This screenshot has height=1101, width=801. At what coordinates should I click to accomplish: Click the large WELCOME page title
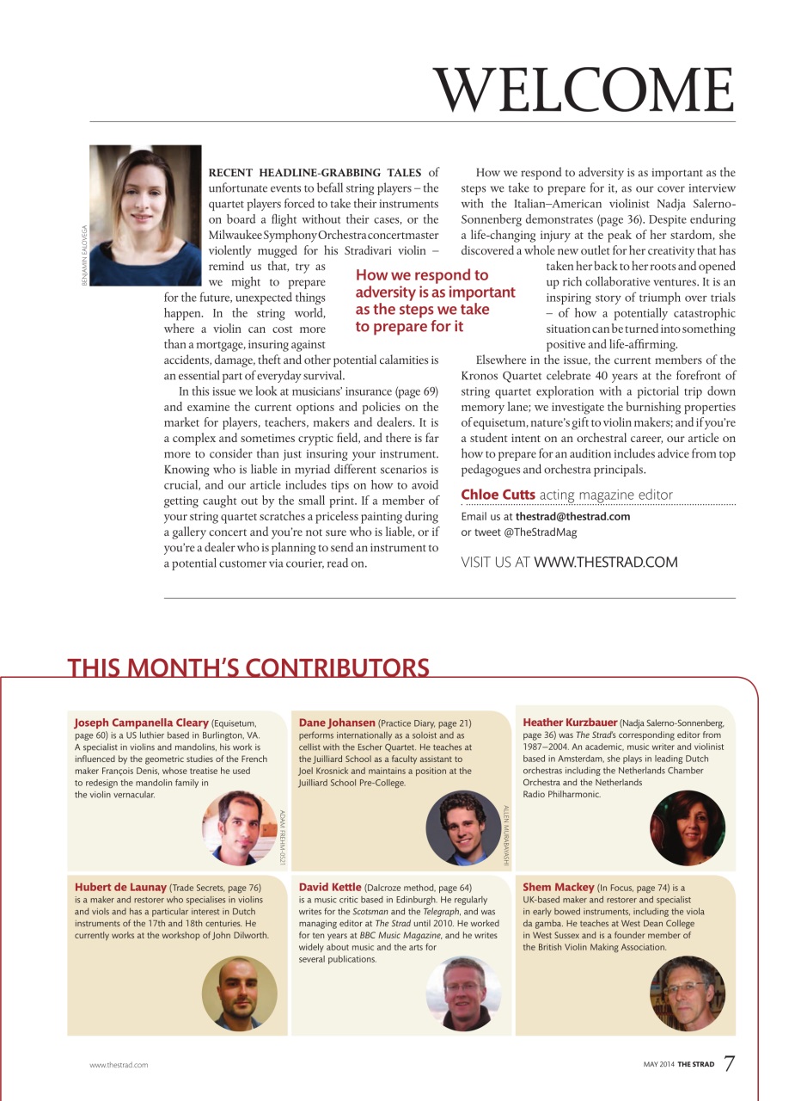pyautogui.click(x=584, y=89)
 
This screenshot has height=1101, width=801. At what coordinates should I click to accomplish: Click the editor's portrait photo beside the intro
pyautogui.click(x=145, y=215)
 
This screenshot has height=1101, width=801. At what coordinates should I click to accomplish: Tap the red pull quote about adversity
pyautogui.click(x=435, y=300)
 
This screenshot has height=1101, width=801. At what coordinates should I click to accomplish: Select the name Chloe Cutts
pyautogui.click(x=498, y=495)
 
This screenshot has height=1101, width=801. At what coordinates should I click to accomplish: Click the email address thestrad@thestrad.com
pyautogui.click(x=572, y=517)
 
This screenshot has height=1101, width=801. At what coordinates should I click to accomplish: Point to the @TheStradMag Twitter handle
pyautogui.click(x=528, y=532)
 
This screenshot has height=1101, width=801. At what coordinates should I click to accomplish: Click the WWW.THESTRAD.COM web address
pyautogui.click(x=606, y=563)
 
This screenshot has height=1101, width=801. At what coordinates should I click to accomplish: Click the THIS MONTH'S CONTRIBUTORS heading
pyautogui.click(x=248, y=667)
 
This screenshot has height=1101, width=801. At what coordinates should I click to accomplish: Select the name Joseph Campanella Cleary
pyautogui.click(x=142, y=723)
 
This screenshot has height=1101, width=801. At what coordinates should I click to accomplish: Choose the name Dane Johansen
pyautogui.click(x=337, y=723)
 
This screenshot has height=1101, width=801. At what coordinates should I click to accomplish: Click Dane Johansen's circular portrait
pyautogui.click(x=463, y=827)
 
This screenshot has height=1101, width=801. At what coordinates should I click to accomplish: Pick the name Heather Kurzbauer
pyautogui.click(x=570, y=723)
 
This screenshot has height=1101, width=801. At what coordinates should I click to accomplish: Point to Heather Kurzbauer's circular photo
pyautogui.click(x=688, y=827)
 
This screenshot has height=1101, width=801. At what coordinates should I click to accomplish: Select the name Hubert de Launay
pyautogui.click(x=120, y=887)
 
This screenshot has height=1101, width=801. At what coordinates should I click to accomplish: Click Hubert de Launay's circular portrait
pyautogui.click(x=239, y=993)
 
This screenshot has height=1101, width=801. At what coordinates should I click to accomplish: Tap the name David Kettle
pyautogui.click(x=330, y=887)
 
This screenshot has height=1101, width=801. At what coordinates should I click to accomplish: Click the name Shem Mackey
pyautogui.click(x=559, y=887)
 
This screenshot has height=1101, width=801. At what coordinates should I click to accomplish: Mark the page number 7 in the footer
pyautogui.click(x=729, y=1064)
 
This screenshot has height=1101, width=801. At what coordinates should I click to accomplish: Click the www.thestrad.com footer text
pyautogui.click(x=119, y=1065)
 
